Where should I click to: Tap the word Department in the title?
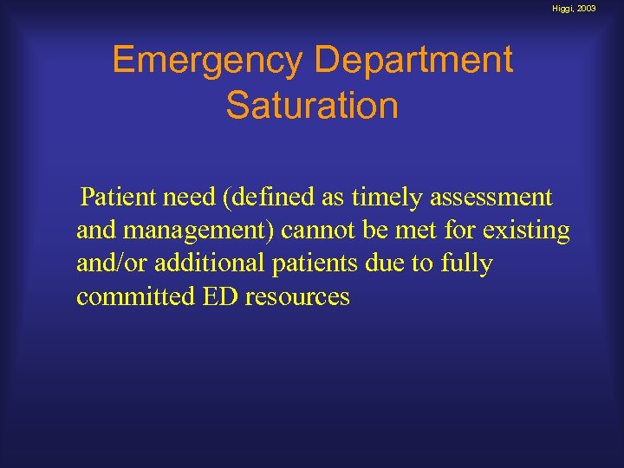coord(414,61)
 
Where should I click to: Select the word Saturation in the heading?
coord(312,106)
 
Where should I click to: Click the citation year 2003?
coord(608,8)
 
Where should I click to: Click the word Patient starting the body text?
coord(116,198)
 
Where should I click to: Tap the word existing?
coord(530,231)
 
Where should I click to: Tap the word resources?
coord(298,296)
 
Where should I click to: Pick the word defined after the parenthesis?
coord(271,198)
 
